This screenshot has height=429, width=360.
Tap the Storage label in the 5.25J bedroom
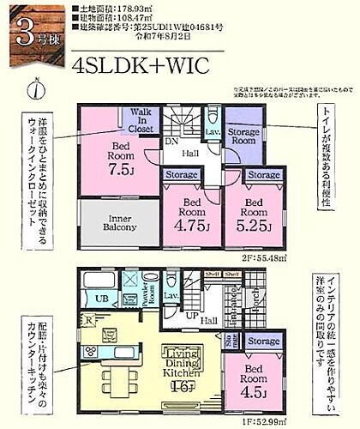coord(263,175)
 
